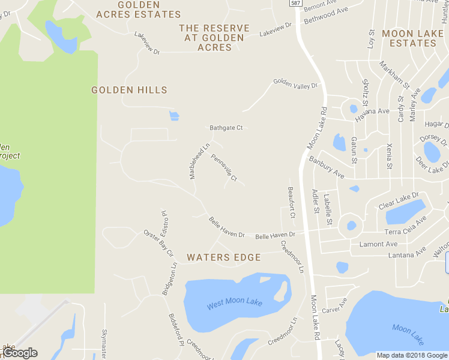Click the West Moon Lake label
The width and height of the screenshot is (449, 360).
(235, 304)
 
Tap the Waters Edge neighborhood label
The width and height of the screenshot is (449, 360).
(224, 257)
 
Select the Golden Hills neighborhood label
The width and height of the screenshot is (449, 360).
(129, 90)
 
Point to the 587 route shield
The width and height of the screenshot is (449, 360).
(295, 3)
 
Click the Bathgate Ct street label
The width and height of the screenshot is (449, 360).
(226, 128)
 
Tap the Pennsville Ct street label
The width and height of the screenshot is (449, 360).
(224, 168)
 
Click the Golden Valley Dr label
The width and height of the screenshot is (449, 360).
(295, 83)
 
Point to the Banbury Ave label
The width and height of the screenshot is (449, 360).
(327, 167)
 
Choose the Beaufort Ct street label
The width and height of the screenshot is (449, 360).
(292, 202)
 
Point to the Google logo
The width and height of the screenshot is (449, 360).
(20, 353)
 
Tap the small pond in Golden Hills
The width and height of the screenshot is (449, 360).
(174, 115)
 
